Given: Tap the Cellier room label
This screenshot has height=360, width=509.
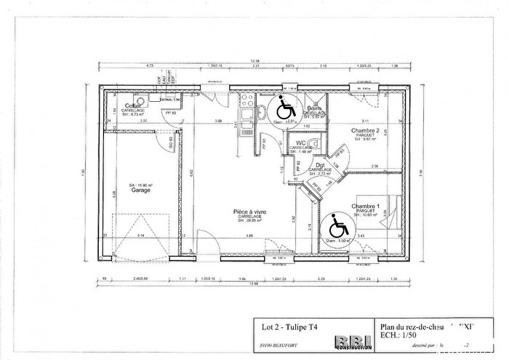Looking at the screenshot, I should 132,106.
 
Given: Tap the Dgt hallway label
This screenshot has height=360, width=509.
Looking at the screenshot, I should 321,164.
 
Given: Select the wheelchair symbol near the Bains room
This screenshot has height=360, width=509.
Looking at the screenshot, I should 284,111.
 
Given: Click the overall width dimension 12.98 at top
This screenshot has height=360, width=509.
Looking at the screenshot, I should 254,60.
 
